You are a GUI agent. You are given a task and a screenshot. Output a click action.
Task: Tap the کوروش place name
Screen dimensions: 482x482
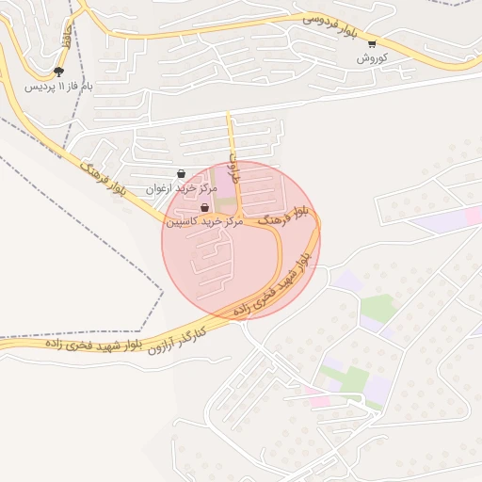coord(372,58)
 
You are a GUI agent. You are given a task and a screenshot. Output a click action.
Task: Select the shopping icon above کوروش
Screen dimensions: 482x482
coord(372,43)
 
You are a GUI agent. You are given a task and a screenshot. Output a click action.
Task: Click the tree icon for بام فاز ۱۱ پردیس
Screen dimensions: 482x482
coord(59,72)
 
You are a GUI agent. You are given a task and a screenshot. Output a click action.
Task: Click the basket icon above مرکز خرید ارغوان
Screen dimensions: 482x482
coord(181,173)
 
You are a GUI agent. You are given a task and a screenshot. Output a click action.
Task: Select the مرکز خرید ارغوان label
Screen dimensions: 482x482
coord(182,188)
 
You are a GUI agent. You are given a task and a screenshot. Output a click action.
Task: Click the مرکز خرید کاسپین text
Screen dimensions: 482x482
coord(205,222)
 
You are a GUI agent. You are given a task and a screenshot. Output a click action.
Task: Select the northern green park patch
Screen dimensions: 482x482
coord(378,308)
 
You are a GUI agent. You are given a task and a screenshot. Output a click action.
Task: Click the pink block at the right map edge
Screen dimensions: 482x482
coord(474,217)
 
